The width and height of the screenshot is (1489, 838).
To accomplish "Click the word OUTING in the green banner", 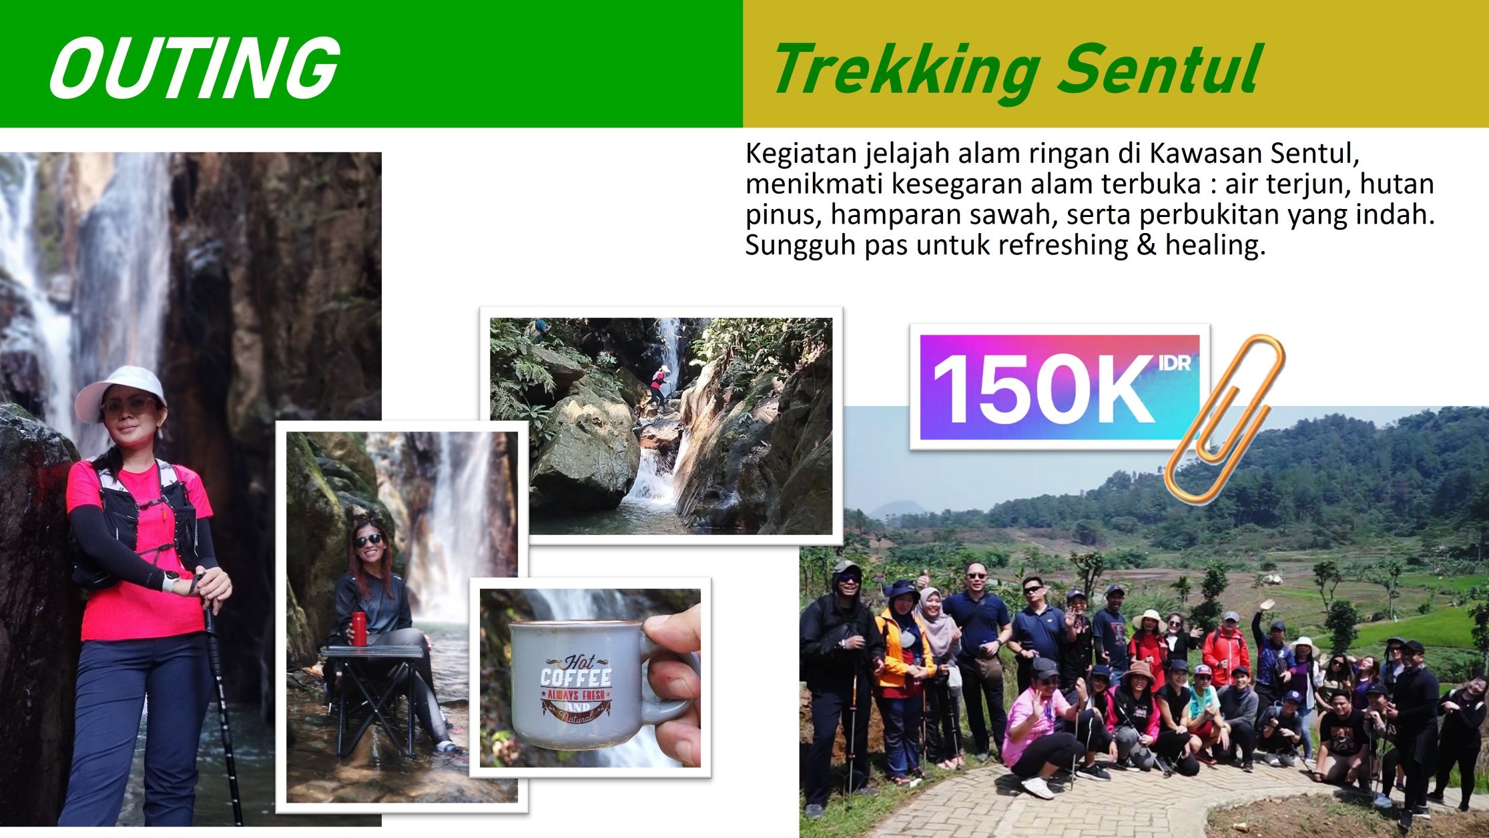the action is pyautogui.click(x=194, y=67).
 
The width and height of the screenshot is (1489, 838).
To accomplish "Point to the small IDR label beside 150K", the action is pyautogui.click(x=1175, y=364).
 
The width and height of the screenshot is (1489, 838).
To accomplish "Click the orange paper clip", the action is pyautogui.click(x=1225, y=419).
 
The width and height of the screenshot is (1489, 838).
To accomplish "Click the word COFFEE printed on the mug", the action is pyautogui.click(x=575, y=678).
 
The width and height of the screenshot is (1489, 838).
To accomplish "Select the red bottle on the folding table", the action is pyautogui.click(x=359, y=629).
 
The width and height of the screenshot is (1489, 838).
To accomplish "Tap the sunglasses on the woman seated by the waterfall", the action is pyautogui.click(x=368, y=540).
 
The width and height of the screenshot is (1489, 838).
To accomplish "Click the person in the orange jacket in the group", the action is pyautogui.click(x=898, y=674).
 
